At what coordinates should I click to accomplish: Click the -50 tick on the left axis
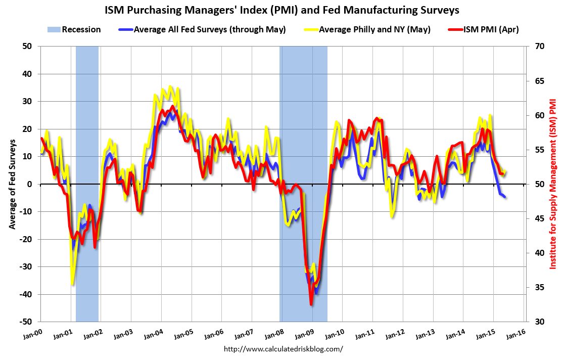pyautogui.click(x=26, y=322)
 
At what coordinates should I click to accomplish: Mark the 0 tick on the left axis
pyautogui.click(x=30, y=184)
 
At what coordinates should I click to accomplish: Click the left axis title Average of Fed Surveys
pyautogui.click(x=11, y=184)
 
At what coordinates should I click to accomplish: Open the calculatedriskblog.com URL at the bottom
pyautogui.click(x=283, y=349)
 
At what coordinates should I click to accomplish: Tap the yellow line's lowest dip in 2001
pyautogui.click(x=72, y=284)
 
